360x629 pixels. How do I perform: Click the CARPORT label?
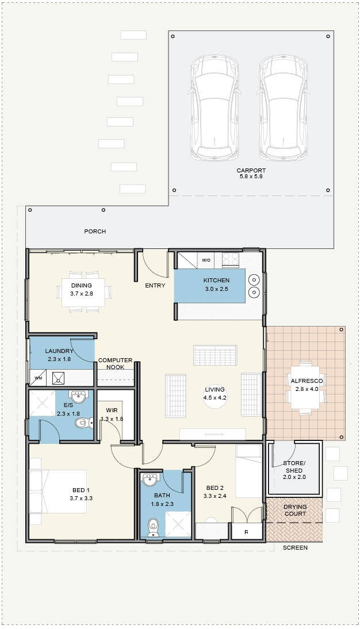click(x=251, y=171)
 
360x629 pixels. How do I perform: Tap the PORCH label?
click(x=95, y=232)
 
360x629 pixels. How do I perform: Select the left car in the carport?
click(x=215, y=107)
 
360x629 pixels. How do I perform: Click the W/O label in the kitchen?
click(x=206, y=260)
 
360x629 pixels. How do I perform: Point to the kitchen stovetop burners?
click(x=231, y=259)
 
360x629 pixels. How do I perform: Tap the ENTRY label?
click(x=155, y=286)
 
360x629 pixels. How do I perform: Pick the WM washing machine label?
click(x=38, y=378)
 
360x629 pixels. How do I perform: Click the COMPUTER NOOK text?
click(x=115, y=364)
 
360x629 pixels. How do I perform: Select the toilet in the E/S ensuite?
click(x=85, y=423)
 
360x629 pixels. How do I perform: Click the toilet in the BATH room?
click(x=153, y=527)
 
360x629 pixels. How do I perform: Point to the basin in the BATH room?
click(x=151, y=479)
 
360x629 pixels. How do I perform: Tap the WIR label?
click(x=112, y=411)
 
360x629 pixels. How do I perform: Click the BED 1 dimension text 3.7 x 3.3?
click(x=81, y=498)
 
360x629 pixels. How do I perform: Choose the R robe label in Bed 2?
click(x=246, y=533)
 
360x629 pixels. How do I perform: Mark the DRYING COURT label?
click(x=295, y=510)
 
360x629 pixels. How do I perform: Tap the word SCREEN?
click(x=296, y=547)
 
